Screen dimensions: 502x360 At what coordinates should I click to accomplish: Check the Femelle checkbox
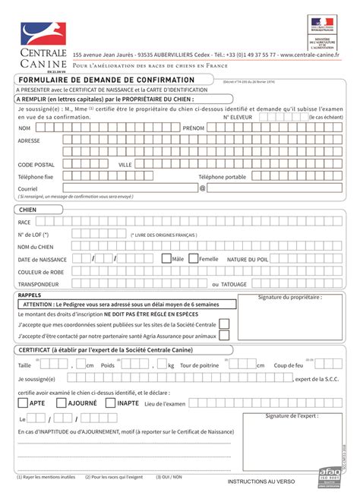pos(193,258)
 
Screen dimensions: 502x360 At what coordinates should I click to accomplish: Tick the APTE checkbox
pos(23,403)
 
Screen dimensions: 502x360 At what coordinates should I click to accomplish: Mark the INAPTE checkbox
pos(110,403)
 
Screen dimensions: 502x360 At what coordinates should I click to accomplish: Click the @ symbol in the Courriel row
pos(202,188)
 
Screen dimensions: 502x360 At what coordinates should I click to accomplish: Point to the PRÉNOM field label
pos(194,128)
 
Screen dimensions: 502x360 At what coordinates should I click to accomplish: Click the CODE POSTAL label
pos(36,164)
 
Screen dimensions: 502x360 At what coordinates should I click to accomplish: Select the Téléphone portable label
pos(223,176)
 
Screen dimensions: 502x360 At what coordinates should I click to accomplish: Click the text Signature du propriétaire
pos(289,298)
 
